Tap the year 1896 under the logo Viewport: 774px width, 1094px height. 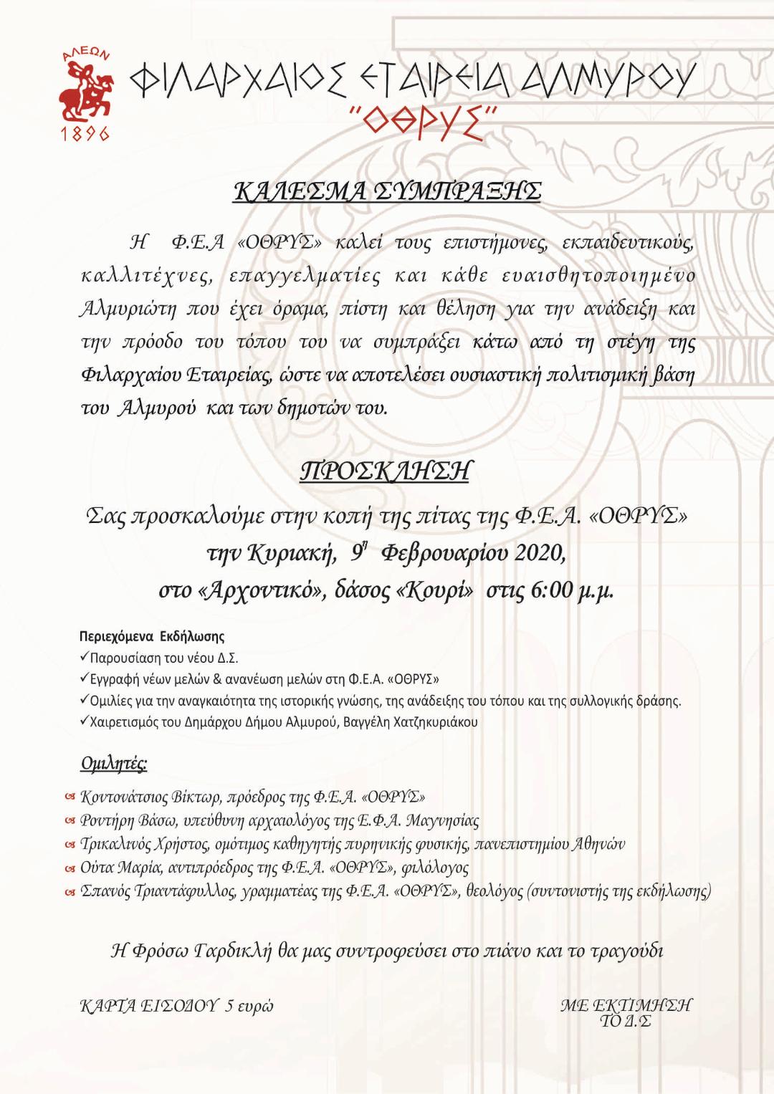[85, 133]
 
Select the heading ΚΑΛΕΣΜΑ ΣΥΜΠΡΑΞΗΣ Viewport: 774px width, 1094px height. [387, 191]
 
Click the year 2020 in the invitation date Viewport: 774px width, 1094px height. [538, 553]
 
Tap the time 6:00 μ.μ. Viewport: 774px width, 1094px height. [572, 590]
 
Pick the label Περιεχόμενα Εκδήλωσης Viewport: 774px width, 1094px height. [152, 636]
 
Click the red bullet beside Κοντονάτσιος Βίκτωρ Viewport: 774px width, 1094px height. [70, 797]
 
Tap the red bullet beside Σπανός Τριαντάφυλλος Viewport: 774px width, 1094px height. [70, 892]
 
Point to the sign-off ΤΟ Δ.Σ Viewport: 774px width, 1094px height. [626, 1021]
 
